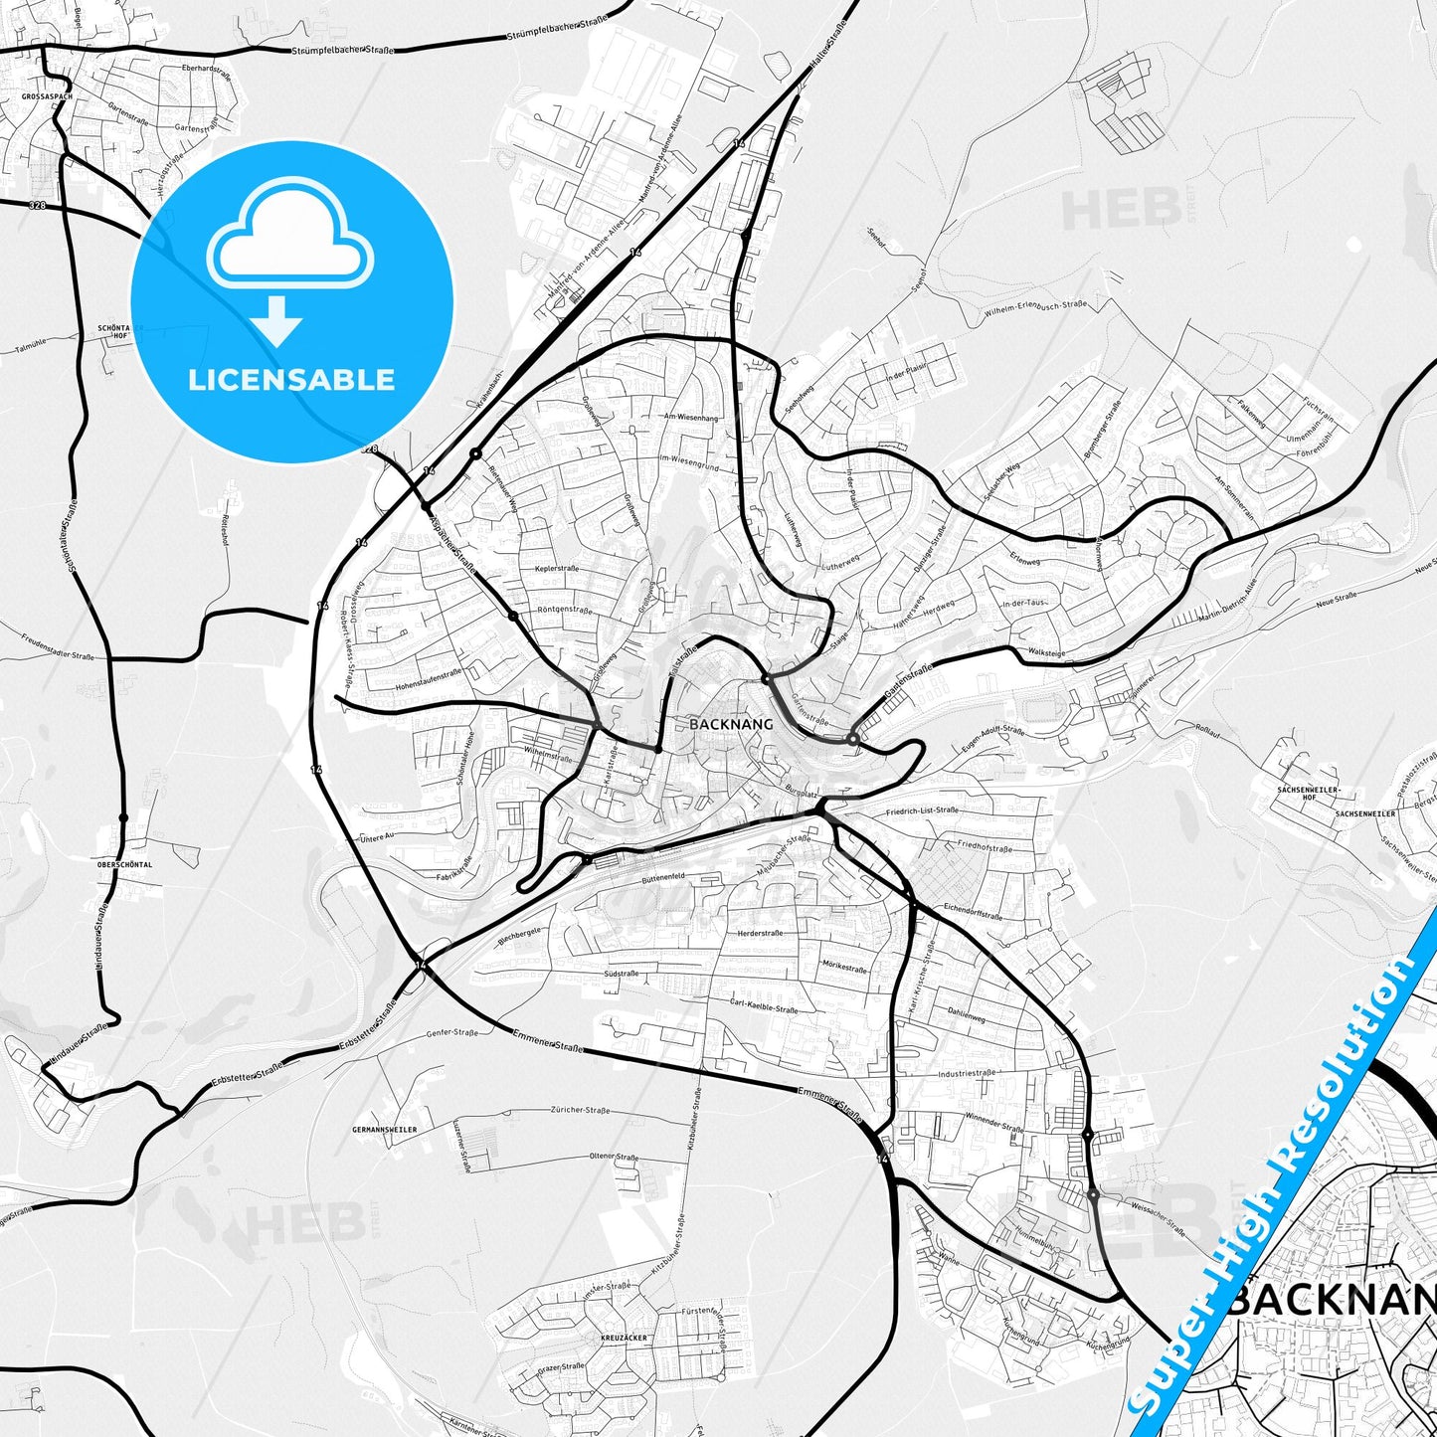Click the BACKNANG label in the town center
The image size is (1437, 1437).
click(731, 725)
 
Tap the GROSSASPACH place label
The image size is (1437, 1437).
click(47, 96)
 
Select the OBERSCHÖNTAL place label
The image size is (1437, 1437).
click(124, 865)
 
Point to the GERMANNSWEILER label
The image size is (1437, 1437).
click(385, 1131)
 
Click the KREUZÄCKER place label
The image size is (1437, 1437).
click(624, 1339)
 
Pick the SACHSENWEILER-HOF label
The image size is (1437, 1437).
click(1310, 793)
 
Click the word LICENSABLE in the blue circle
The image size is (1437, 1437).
click(291, 380)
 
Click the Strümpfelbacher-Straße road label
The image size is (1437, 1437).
click(343, 50)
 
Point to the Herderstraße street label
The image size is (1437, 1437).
click(760, 933)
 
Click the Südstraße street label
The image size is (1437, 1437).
click(622, 974)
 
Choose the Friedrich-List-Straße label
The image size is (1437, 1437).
click(922, 810)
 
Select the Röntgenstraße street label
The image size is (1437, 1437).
click(564, 609)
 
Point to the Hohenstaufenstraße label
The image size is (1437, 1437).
click(429, 673)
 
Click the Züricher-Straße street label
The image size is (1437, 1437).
click(580, 1110)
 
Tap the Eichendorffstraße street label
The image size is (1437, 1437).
click(973, 910)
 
